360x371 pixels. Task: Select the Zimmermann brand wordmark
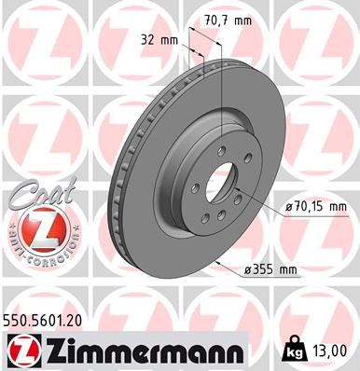point(141,350)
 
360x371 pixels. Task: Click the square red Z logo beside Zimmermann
point(20,350)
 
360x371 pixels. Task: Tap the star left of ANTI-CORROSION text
point(9,230)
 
